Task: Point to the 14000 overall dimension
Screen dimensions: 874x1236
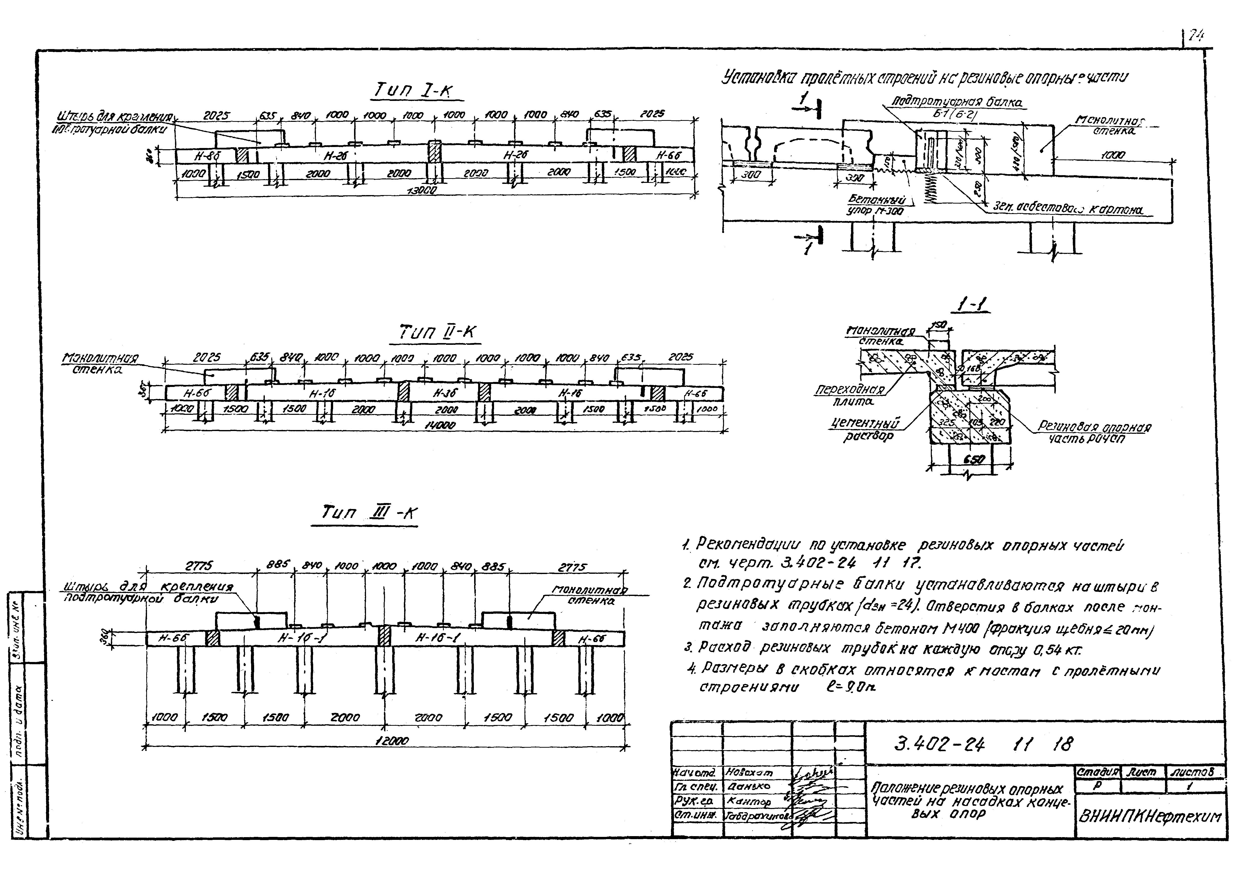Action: click(440, 425)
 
